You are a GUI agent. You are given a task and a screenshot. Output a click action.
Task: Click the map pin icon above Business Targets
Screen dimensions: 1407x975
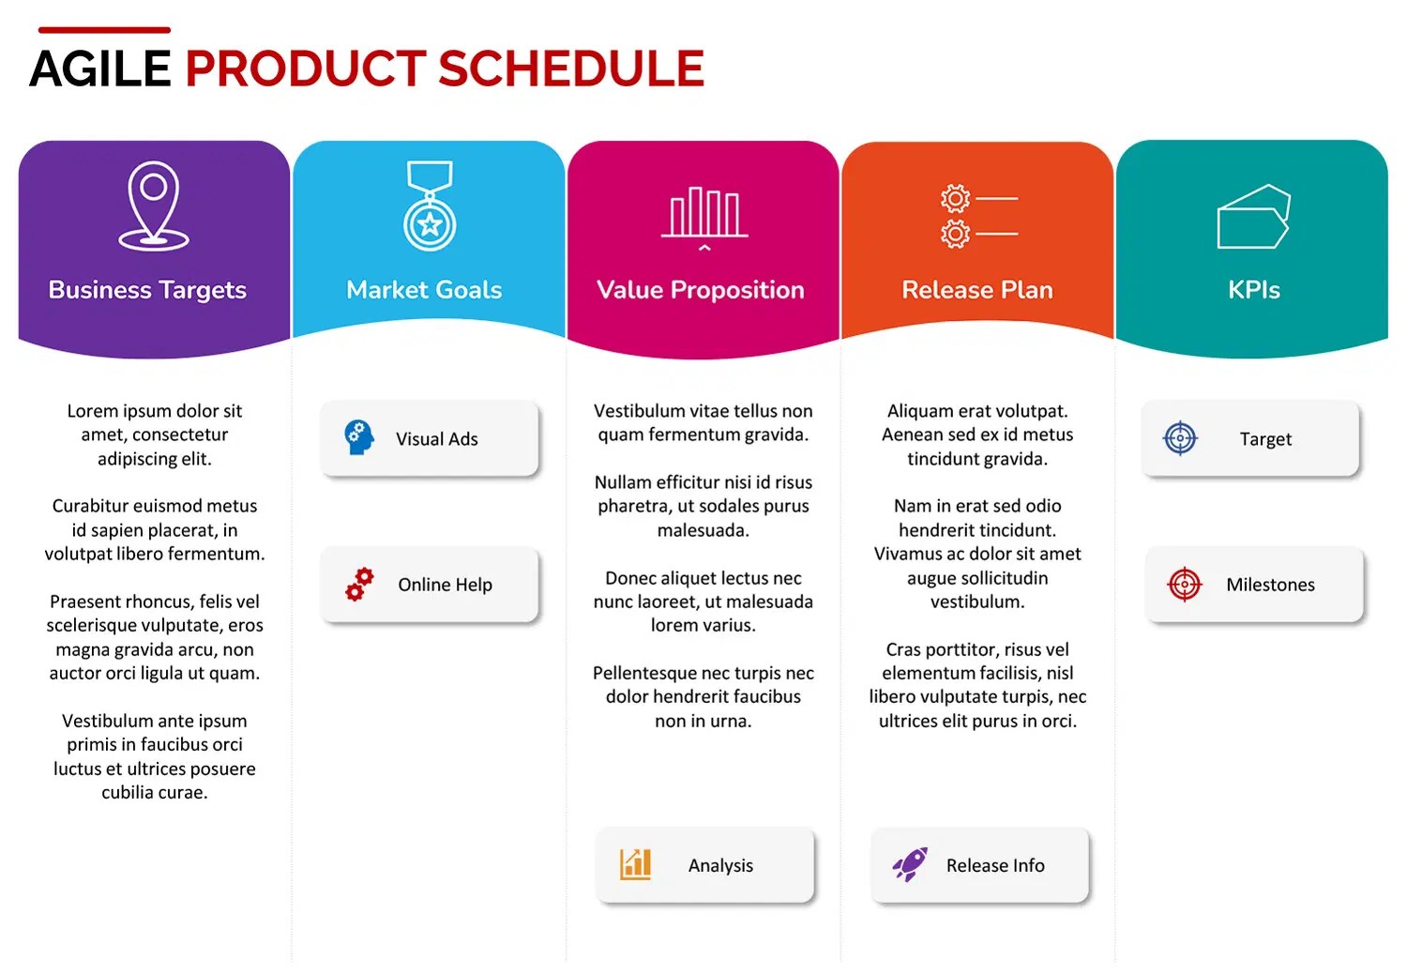point(154,206)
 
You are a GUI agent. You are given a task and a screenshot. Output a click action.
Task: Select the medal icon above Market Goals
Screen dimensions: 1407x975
point(430,206)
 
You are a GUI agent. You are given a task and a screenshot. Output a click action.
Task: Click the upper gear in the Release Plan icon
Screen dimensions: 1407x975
point(956,199)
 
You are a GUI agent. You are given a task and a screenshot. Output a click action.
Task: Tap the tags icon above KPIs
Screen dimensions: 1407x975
point(1254,216)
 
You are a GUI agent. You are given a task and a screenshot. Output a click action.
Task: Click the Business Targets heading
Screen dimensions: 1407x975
point(147,290)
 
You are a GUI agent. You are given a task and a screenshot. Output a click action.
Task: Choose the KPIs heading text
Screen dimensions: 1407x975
point(1254,290)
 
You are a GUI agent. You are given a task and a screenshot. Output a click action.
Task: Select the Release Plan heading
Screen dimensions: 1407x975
point(977,290)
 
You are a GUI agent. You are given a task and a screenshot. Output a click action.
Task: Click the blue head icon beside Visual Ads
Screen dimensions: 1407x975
point(359,437)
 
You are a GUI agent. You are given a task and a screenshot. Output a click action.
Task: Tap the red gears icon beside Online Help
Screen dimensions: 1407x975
point(359,585)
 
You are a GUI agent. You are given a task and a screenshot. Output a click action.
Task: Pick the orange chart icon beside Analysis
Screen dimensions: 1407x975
point(635,864)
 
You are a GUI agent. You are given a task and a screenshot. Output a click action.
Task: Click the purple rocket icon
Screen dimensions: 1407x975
point(910,864)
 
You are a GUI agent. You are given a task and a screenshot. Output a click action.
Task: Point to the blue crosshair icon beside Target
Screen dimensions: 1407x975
point(1180,438)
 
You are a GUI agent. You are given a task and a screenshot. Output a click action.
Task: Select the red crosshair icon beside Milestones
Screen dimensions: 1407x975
point(1185,585)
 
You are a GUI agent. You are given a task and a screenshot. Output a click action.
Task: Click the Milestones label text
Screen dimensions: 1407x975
point(1270,585)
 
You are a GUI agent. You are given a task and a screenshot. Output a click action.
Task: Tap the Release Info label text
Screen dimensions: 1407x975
point(995,866)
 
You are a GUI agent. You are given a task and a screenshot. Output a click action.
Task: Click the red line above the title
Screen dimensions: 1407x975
point(104,29)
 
